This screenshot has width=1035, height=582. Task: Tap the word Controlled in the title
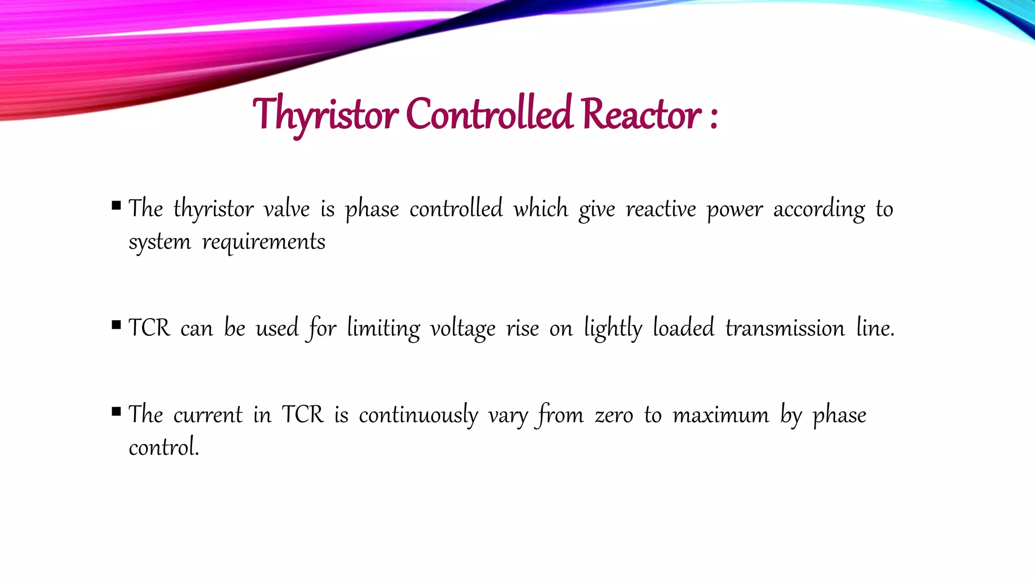click(x=489, y=114)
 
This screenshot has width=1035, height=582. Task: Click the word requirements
click(x=263, y=242)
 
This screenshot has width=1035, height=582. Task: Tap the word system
click(x=160, y=242)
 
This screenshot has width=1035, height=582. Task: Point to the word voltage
click(x=462, y=328)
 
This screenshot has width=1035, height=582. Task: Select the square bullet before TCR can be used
click(x=117, y=325)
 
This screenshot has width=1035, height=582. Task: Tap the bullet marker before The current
click(x=117, y=411)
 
